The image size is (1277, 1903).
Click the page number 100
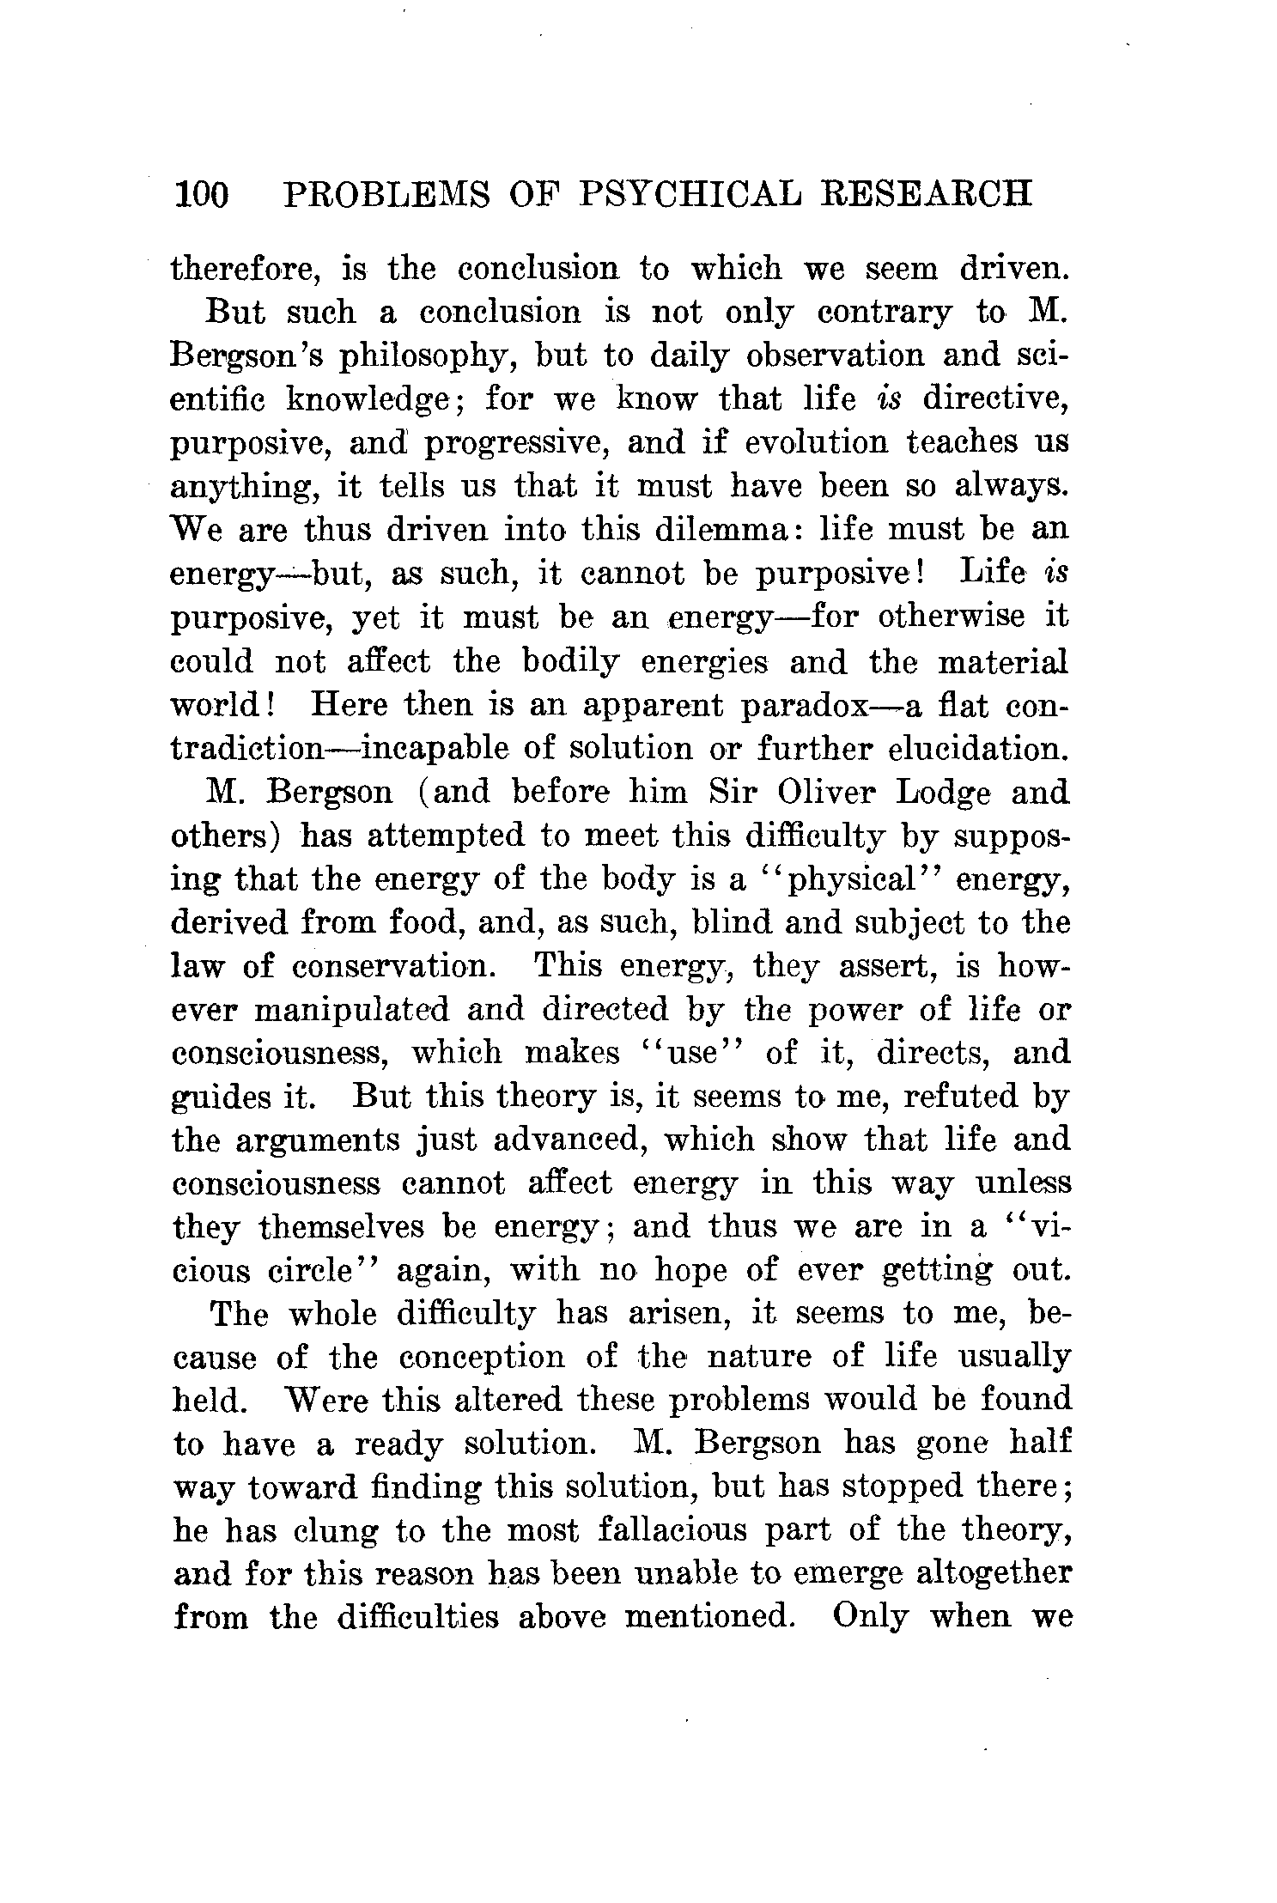[x=202, y=195]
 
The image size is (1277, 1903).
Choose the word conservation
[x=393, y=966]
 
